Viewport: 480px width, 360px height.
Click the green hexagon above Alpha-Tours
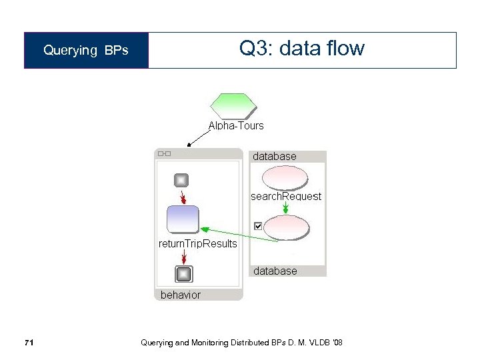coord(233,105)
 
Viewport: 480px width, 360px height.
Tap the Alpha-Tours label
coord(236,125)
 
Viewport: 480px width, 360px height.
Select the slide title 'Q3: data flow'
coord(301,49)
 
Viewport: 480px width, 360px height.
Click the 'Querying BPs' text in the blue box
coord(86,51)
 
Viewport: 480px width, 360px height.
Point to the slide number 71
coord(28,343)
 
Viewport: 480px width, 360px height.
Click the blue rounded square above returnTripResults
coord(182,219)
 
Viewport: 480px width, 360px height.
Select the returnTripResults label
coord(197,243)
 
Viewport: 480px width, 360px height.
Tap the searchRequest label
coord(285,196)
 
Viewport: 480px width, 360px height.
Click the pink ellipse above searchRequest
coord(285,177)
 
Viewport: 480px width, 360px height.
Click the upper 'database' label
coord(275,156)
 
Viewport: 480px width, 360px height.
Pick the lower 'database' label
coord(275,271)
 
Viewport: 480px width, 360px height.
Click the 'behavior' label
coord(180,295)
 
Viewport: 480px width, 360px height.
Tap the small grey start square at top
coord(181,180)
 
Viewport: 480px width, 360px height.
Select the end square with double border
coord(183,274)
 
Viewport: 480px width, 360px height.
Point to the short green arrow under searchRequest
coord(285,208)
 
